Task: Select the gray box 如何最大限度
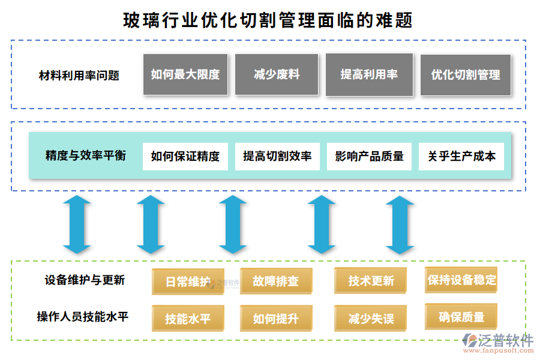pyautogui.click(x=185, y=74)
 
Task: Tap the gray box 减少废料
pyautogui.click(x=277, y=74)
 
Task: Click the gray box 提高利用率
pyautogui.click(x=369, y=74)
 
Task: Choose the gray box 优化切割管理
pyautogui.click(x=466, y=75)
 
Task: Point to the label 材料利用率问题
pyautogui.click(x=79, y=76)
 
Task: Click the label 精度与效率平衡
pyautogui.click(x=86, y=156)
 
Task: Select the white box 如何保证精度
pyautogui.click(x=185, y=157)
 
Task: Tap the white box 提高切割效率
pyautogui.click(x=277, y=157)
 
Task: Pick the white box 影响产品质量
pyautogui.click(x=369, y=157)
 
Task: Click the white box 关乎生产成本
pyautogui.click(x=461, y=157)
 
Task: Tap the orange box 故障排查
pyautogui.click(x=276, y=281)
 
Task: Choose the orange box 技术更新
pyautogui.click(x=371, y=281)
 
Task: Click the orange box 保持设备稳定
pyautogui.click(x=461, y=280)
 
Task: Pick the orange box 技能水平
pyautogui.click(x=188, y=319)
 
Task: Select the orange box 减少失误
pyautogui.click(x=371, y=319)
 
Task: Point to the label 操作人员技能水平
pyautogui.click(x=83, y=317)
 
